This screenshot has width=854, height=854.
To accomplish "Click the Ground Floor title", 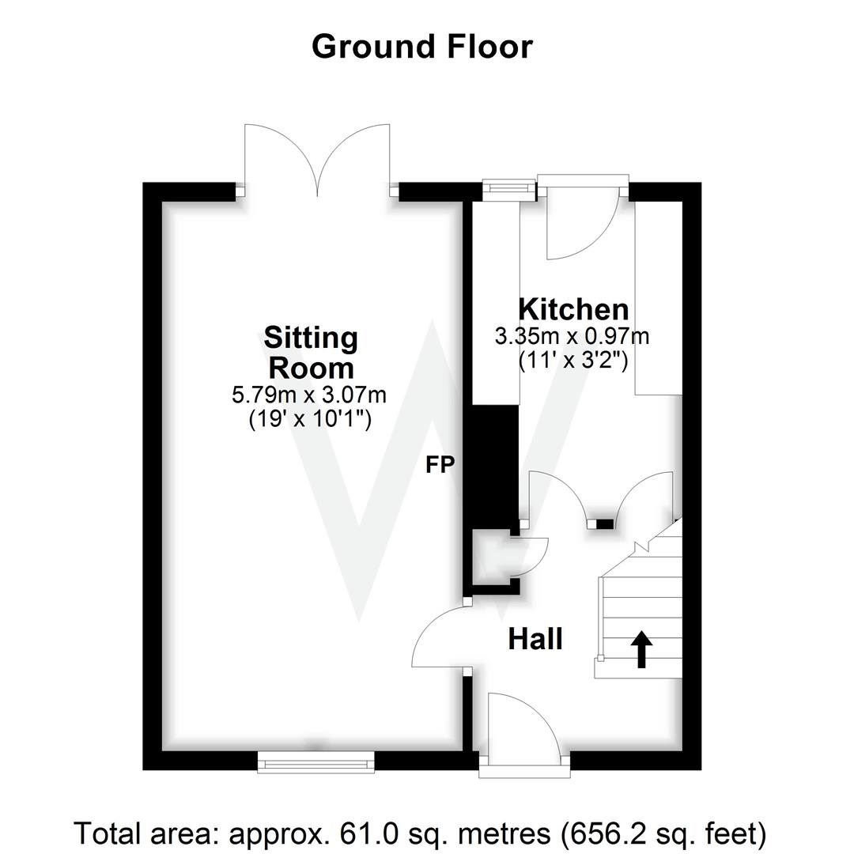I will pyautogui.click(x=422, y=47).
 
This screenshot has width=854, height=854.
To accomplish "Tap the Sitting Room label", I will pyautogui.click(x=311, y=353).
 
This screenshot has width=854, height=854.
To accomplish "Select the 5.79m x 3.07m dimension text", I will pyautogui.click(x=309, y=395).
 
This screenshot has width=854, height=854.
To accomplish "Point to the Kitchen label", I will pyautogui.click(x=573, y=309).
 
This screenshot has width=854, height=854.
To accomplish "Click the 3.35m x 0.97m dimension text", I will pyautogui.click(x=572, y=336).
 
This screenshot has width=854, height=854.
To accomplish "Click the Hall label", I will pyautogui.click(x=535, y=638).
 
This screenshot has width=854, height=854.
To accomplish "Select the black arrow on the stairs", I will pyautogui.click(x=641, y=649).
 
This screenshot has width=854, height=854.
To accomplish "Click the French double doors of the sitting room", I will pyautogui.click(x=318, y=162).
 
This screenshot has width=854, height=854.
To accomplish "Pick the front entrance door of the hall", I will pyautogui.click(x=523, y=726).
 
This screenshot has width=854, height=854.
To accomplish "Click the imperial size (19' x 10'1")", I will pyautogui.click(x=309, y=419).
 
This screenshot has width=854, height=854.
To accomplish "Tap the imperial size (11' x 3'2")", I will pyautogui.click(x=573, y=360).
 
